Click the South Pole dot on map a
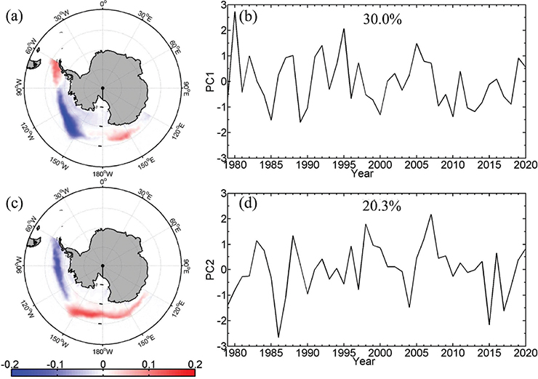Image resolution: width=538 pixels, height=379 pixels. click(103, 88)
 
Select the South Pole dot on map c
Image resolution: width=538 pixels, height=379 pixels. click(103, 265)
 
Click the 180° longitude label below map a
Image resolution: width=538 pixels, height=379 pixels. click(103, 175)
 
